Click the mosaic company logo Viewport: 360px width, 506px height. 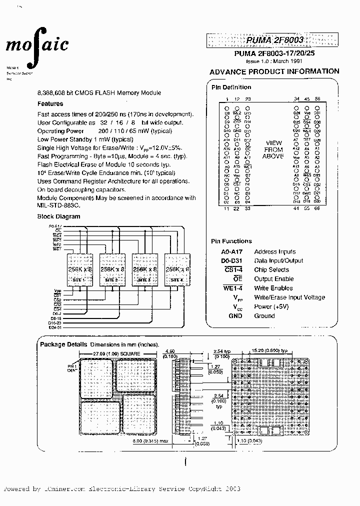tap(37, 47)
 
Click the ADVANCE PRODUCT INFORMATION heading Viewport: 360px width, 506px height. tap(274, 71)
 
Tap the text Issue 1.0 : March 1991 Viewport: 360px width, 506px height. tap(273, 60)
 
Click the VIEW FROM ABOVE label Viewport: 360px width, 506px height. tap(273, 149)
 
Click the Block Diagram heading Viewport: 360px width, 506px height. tap(58, 216)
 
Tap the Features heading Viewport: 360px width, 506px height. tap(50, 104)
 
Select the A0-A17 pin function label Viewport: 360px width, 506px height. tap(230, 252)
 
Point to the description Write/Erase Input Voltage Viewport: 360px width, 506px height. tap(289, 297)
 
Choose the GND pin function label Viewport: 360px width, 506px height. tap(234, 316)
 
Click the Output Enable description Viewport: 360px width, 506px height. tap(274, 279)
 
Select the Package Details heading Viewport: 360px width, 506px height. tap(63, 344)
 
